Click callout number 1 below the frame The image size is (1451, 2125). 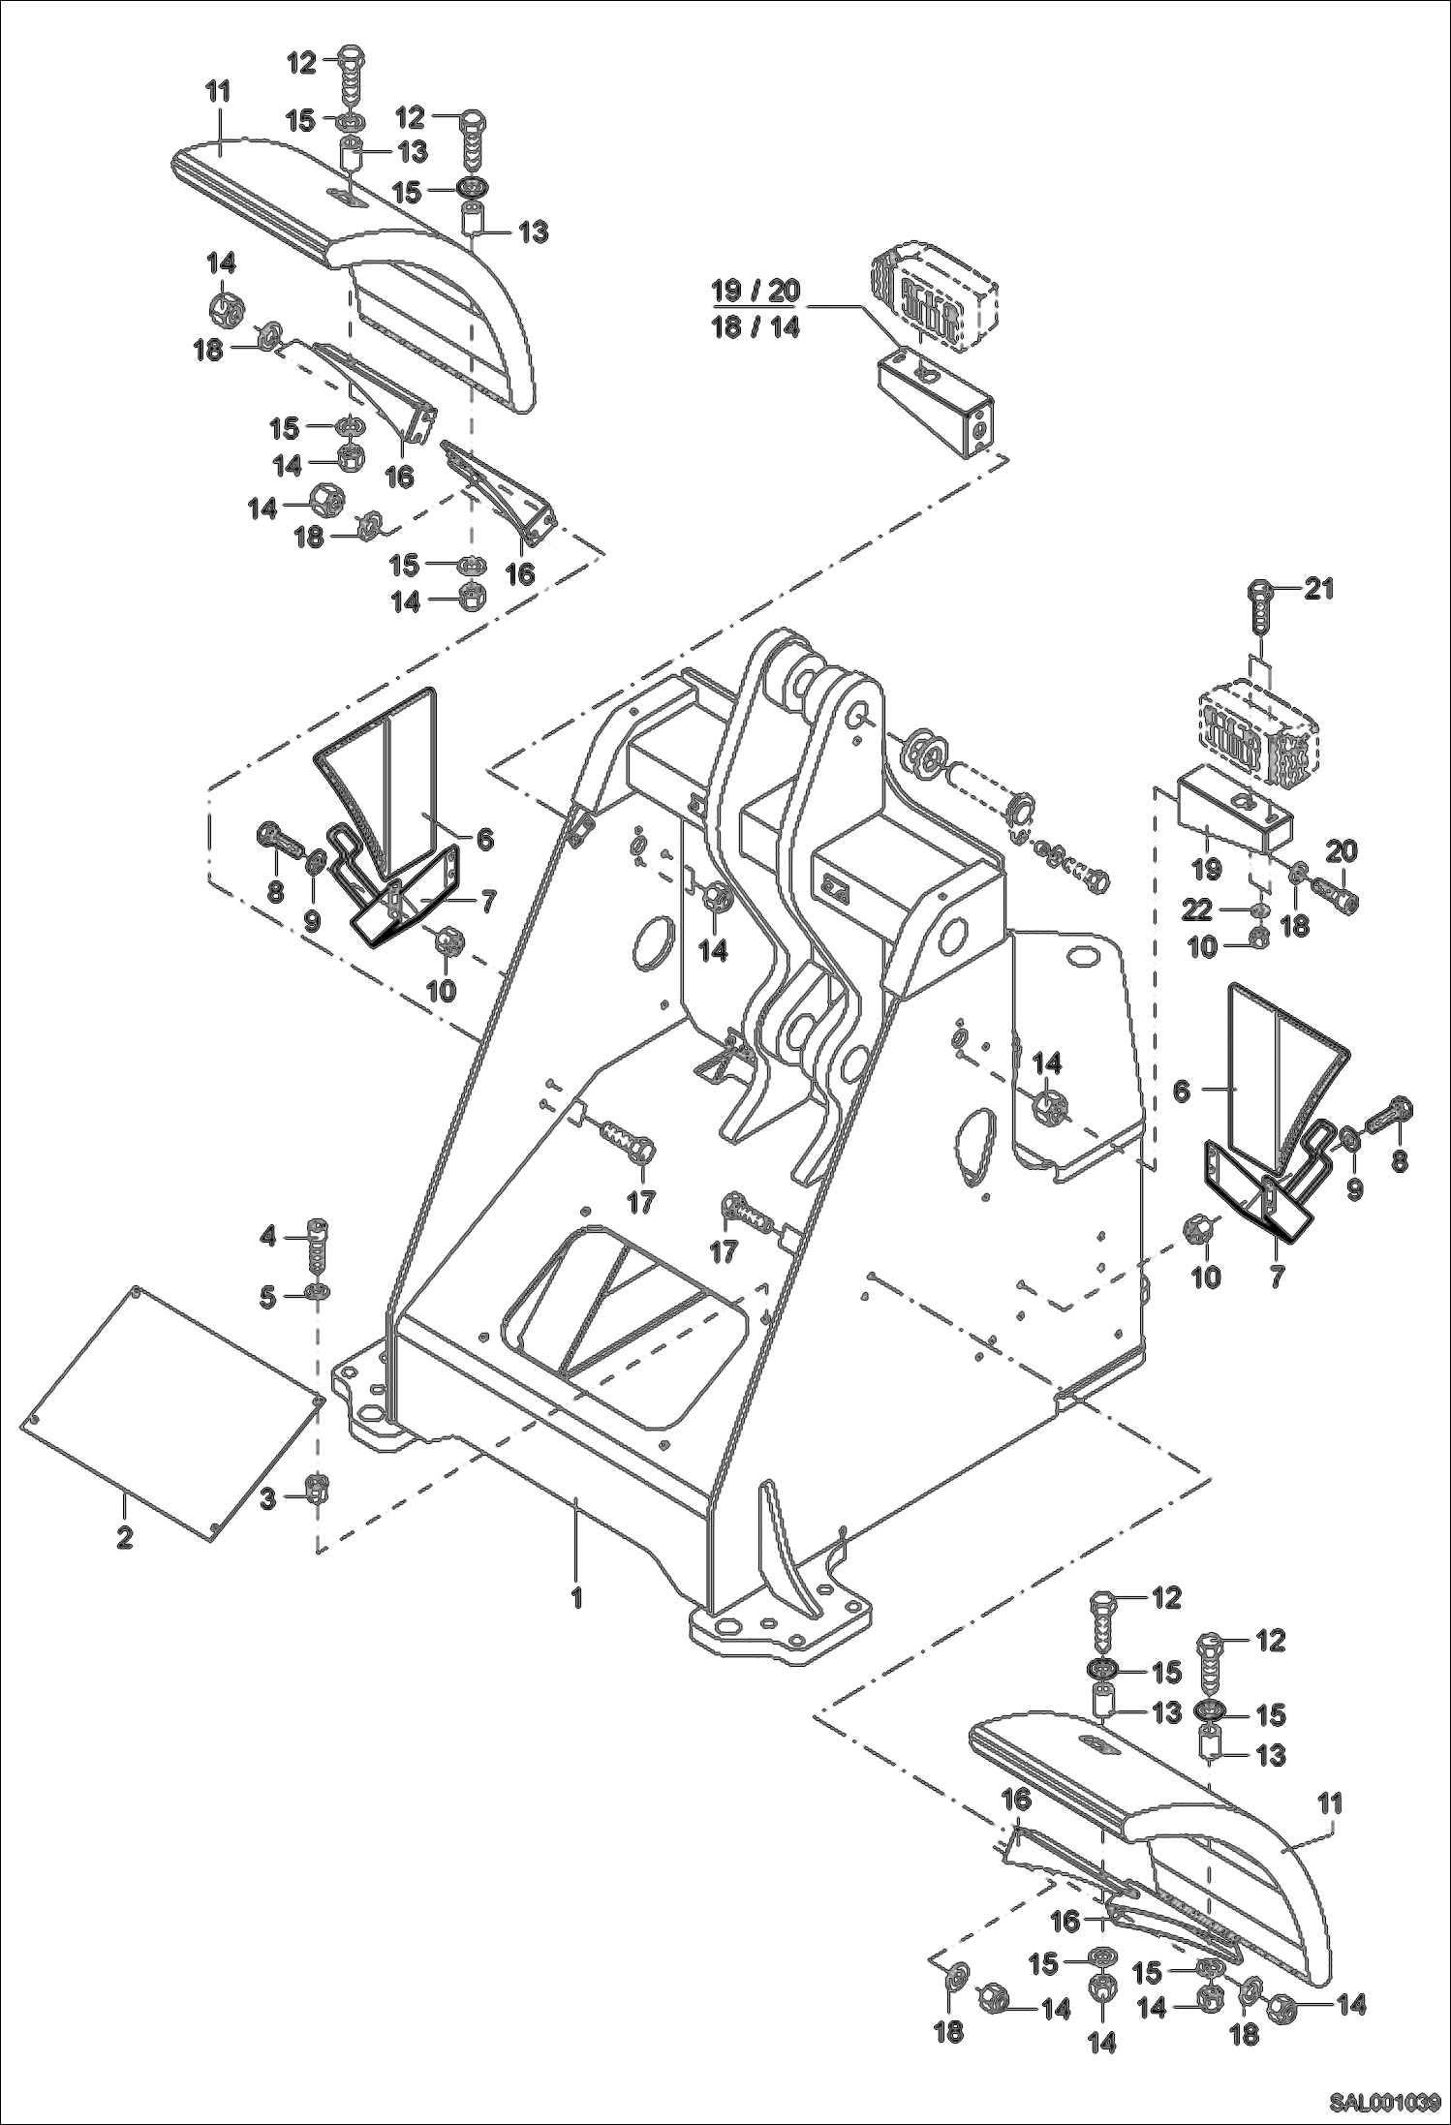click(x=576, y=1596)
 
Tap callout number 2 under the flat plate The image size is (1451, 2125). click(x=124, y=1537)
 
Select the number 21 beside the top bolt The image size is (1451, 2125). click(x=1319, y=588)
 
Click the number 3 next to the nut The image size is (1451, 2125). click(x=268, y=1499)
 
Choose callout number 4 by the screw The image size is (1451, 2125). click(x=268, y=1237)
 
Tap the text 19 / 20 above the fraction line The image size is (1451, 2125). click(x=756, y=290)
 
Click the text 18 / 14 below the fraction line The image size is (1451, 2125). click(x=756, y=326)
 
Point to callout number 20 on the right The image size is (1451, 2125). click(x=1341, y=851)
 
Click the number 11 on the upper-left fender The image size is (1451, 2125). click(x=219, y=93)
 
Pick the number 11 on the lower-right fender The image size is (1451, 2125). click(x=1330, y=1803)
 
